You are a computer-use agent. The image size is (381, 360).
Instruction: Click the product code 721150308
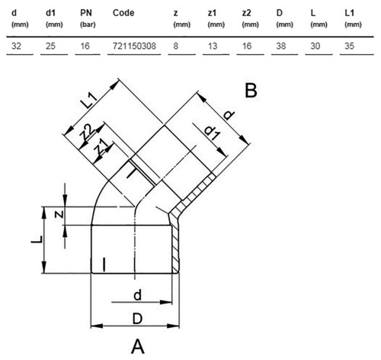tap(134, 46)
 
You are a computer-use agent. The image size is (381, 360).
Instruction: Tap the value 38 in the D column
tap(281, 46)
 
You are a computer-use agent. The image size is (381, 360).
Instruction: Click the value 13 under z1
tap(213, 46)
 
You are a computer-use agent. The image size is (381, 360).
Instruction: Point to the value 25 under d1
tap(50, 46)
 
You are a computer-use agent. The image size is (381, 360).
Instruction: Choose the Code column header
tap(123, 13)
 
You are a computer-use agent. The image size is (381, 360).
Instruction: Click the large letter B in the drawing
tap(251, 91)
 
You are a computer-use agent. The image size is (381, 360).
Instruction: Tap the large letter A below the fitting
tap(138, 346)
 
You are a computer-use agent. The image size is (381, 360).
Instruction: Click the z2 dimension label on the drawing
tap(87, 133)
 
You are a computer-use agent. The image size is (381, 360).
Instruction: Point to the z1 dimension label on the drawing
tap(102, 149)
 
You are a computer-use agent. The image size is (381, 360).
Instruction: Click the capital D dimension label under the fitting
tap(137, 319)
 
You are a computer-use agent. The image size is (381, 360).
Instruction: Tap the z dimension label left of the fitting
tap(59, 214)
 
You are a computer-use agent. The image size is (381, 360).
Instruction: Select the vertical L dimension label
tap(37, 239)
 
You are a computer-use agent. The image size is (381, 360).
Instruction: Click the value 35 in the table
tap(349, 46)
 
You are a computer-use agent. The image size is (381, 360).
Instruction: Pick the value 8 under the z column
tap(176, 46)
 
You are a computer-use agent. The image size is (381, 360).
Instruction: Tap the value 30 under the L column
tap(315, 46)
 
